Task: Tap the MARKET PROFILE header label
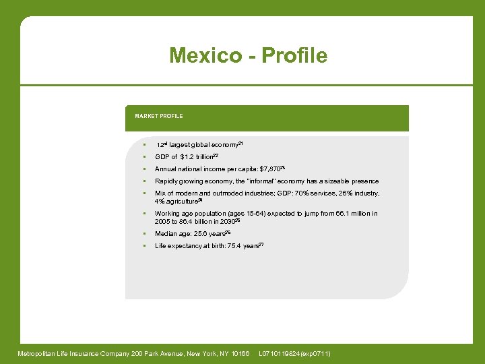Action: click(158, 116)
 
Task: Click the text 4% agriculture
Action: click(176, 201)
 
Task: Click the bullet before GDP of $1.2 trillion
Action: click(144, 156)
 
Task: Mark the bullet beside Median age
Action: click(144, 234)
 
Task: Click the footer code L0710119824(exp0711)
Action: click(294, 354)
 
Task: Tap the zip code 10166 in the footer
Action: click(239, 354)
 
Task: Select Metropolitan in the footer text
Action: click(37, 354)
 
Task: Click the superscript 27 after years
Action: click(261, 244)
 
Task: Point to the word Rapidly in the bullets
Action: click(166, 181)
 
